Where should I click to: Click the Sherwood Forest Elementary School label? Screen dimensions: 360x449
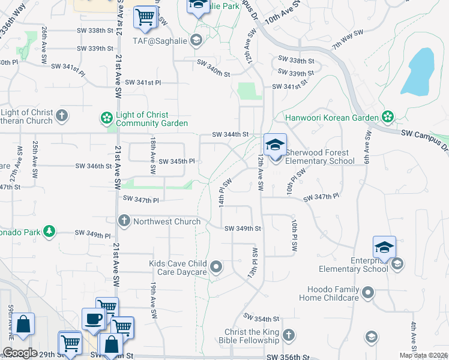tap(316, 157)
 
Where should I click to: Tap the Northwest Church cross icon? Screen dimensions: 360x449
tap(124, 221)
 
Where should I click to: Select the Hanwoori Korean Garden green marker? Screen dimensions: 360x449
tap(388, 117)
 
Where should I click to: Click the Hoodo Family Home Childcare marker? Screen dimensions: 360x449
tap(368, 293)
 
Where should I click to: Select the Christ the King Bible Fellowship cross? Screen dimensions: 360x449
tap(289, 335)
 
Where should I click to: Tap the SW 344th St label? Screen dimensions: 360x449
tap(232, 134)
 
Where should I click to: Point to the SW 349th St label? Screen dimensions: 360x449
tap(243, 228)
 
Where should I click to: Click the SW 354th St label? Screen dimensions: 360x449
tap(261, 317)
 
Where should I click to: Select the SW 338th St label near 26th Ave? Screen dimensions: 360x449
tap(95, 31)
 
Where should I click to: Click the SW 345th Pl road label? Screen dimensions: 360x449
tap(176, 161)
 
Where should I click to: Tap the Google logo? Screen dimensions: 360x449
tap(20, 353)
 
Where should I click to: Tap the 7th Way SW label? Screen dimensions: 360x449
tap(349, 39)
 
